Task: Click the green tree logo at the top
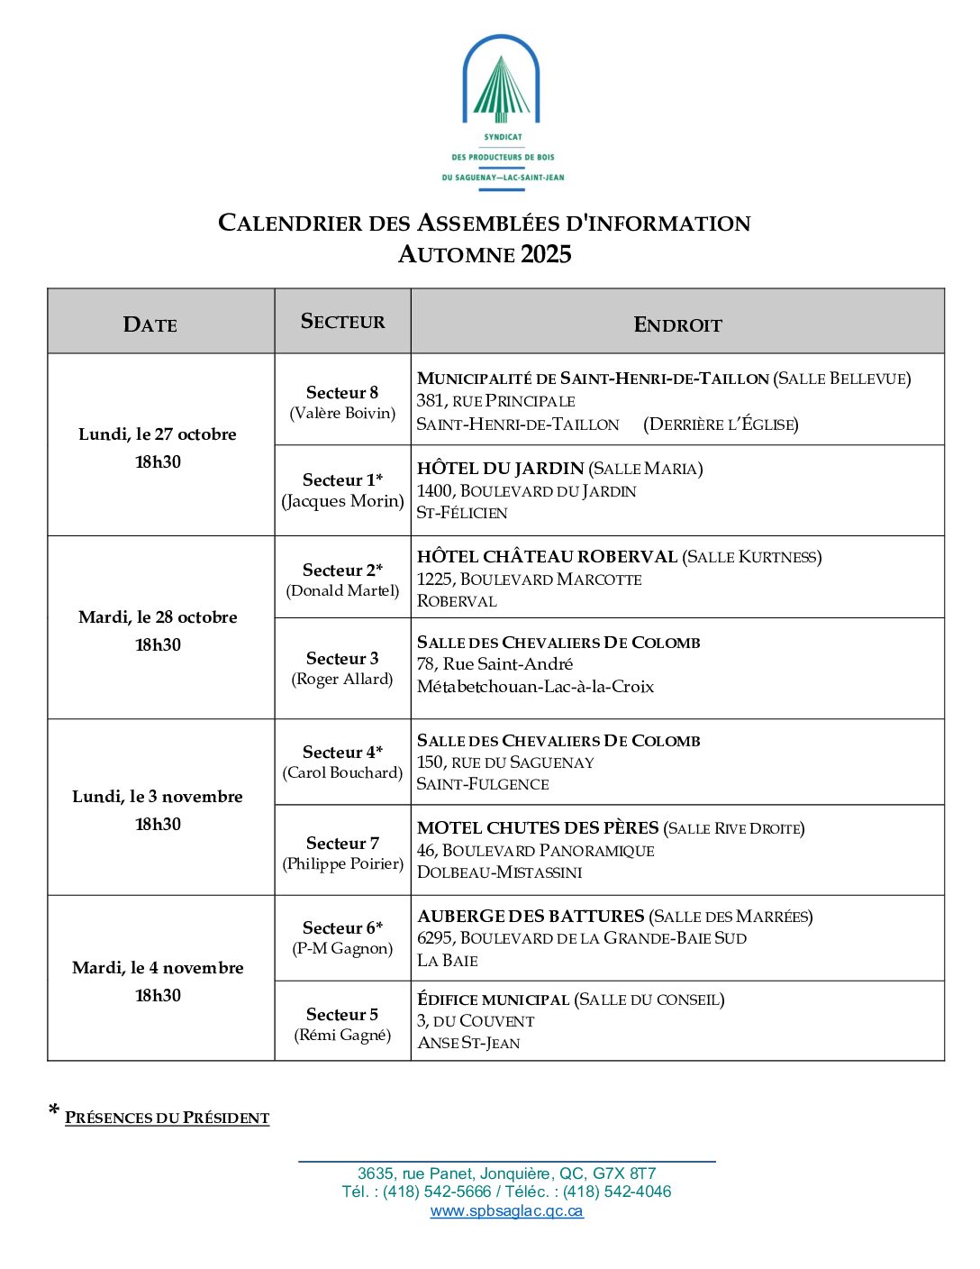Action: tap(501, 88)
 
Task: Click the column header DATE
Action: tap(150, 324)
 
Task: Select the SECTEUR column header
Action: tap(342, 322)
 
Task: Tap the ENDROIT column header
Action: tap(677, 324)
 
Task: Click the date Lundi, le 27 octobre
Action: tap(158, 434)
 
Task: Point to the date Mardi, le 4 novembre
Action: tap(158, 968)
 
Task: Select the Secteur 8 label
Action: tap(342, 392)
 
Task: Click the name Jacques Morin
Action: tap(342, 501)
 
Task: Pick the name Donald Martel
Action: tap(342, 591)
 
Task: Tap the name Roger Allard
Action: tap(342, 680)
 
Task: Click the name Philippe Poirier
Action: tap(342, 863)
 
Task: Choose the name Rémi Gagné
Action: tap(342, 1036)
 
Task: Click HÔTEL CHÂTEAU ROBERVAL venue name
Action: tap(547, 557)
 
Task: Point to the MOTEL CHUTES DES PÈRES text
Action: tap(538, 828)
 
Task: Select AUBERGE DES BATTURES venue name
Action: tap(531, 917)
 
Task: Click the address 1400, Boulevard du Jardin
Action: tap(526, 491)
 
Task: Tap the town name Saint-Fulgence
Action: tap(483, 784)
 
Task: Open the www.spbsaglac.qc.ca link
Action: tap(506, 1211)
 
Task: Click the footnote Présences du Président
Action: tap(167, 1118)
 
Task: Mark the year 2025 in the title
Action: tap(546, 254)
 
